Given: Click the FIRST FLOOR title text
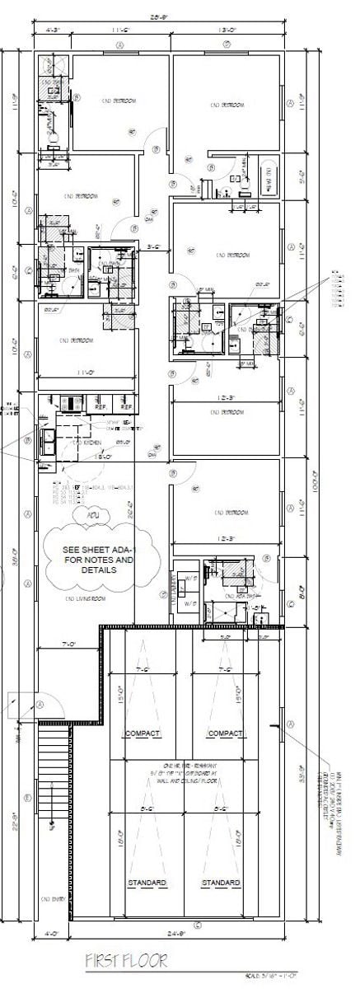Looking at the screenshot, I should [x=126, y=961].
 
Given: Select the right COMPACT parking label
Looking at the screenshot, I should [x=224, y=733].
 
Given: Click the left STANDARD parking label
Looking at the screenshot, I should [x=147, y=883].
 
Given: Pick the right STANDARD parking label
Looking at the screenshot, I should [x=220, y=883].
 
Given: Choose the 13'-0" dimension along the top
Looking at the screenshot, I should [x=227, y=30].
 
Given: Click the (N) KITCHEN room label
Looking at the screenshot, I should [x=86, y=443].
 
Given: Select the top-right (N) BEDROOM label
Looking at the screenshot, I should [x=227, y=105].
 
